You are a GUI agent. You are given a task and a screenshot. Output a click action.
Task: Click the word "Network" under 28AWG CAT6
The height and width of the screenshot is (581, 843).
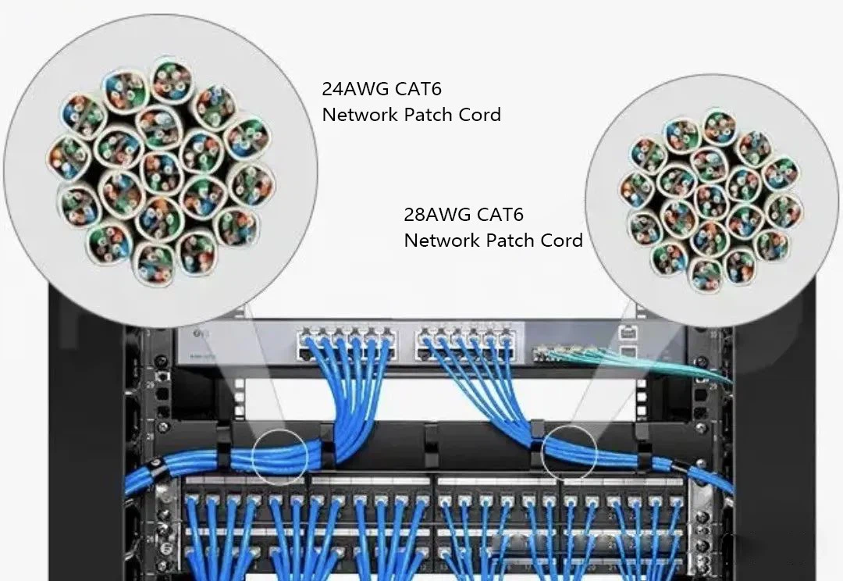tap(442, 241)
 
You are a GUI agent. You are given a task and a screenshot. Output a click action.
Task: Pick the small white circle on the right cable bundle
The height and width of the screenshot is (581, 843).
tap(568, 451)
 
